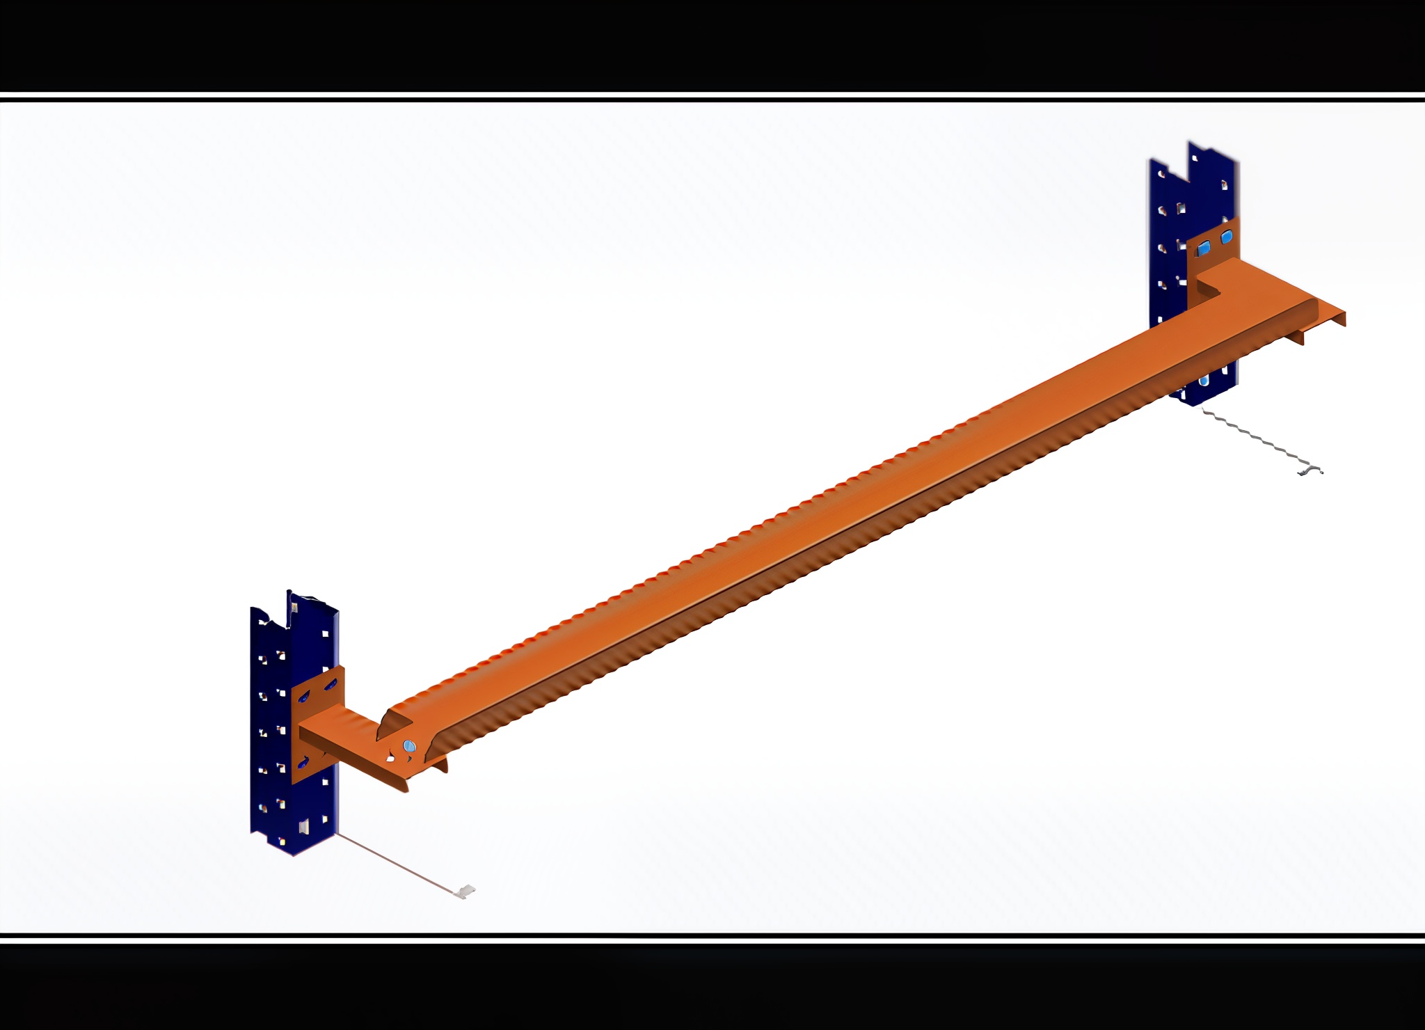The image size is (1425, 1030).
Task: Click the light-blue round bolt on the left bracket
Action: tap(409, 746)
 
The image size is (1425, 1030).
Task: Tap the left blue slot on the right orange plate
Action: tap(1204, 248)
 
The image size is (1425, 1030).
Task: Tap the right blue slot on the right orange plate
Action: tap(1227, 237)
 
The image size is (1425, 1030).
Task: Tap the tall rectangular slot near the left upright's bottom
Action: tap(304, 827)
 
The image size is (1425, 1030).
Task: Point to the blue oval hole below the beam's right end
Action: tap(1204, 381)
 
